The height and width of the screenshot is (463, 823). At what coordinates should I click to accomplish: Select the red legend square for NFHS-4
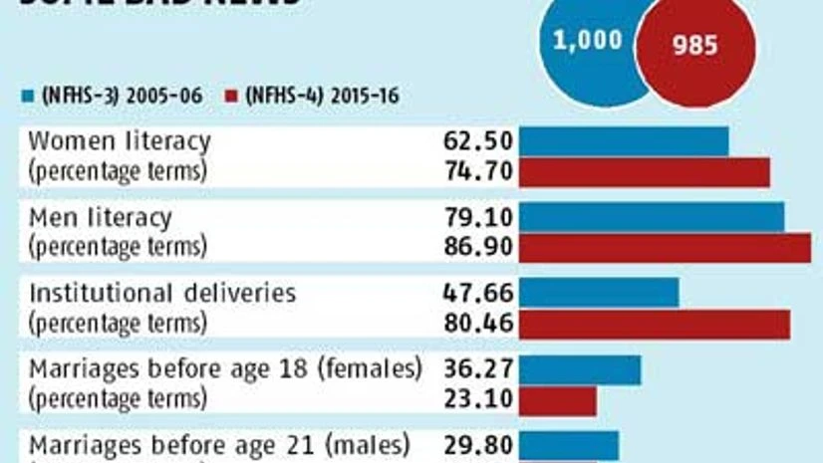pyautogui.click(x=230, y=96)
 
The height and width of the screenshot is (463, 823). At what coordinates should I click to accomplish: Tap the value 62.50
pyautogui.click(x=477, y=141)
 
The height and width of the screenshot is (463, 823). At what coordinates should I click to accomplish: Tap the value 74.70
pyautogui.click(x=477, y=171)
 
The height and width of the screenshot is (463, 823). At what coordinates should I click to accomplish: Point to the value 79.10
pyautogui.click(x=477, y=217)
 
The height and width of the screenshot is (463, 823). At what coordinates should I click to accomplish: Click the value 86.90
pyautogui.click(x=477, y=247)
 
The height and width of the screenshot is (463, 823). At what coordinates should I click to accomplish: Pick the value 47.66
pyautogui.click(x=477, y=293)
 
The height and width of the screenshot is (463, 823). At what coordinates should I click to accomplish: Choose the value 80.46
pyautogui.click(x=477, y=324)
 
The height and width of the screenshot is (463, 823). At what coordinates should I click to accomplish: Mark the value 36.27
pyautogui.click(x=477, y=369)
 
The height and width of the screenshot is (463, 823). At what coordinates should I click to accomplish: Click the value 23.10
pyautogui.click(x=477, y=399)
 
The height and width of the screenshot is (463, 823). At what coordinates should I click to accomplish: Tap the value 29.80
pyautogui.click(x=477, y=444)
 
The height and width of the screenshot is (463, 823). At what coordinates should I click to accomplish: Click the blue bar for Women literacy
pyautogui.click(x=624, y=141)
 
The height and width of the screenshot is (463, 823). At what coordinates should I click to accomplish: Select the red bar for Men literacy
pyautogui.click(x=665, y=248)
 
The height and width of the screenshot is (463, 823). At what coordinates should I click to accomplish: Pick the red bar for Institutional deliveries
pyautogui.click(x=655, y=324)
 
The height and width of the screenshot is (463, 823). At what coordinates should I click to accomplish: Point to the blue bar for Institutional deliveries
pyautogui.click(x=599, y=293)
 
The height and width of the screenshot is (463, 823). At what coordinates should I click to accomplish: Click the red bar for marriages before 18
pyautogui.click(x=558, y=400)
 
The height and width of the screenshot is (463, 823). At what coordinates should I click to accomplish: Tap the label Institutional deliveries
pyautogui.click(x=162, y=293)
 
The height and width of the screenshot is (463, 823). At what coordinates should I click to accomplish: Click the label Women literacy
pyautogui.click(x=120, y=141)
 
